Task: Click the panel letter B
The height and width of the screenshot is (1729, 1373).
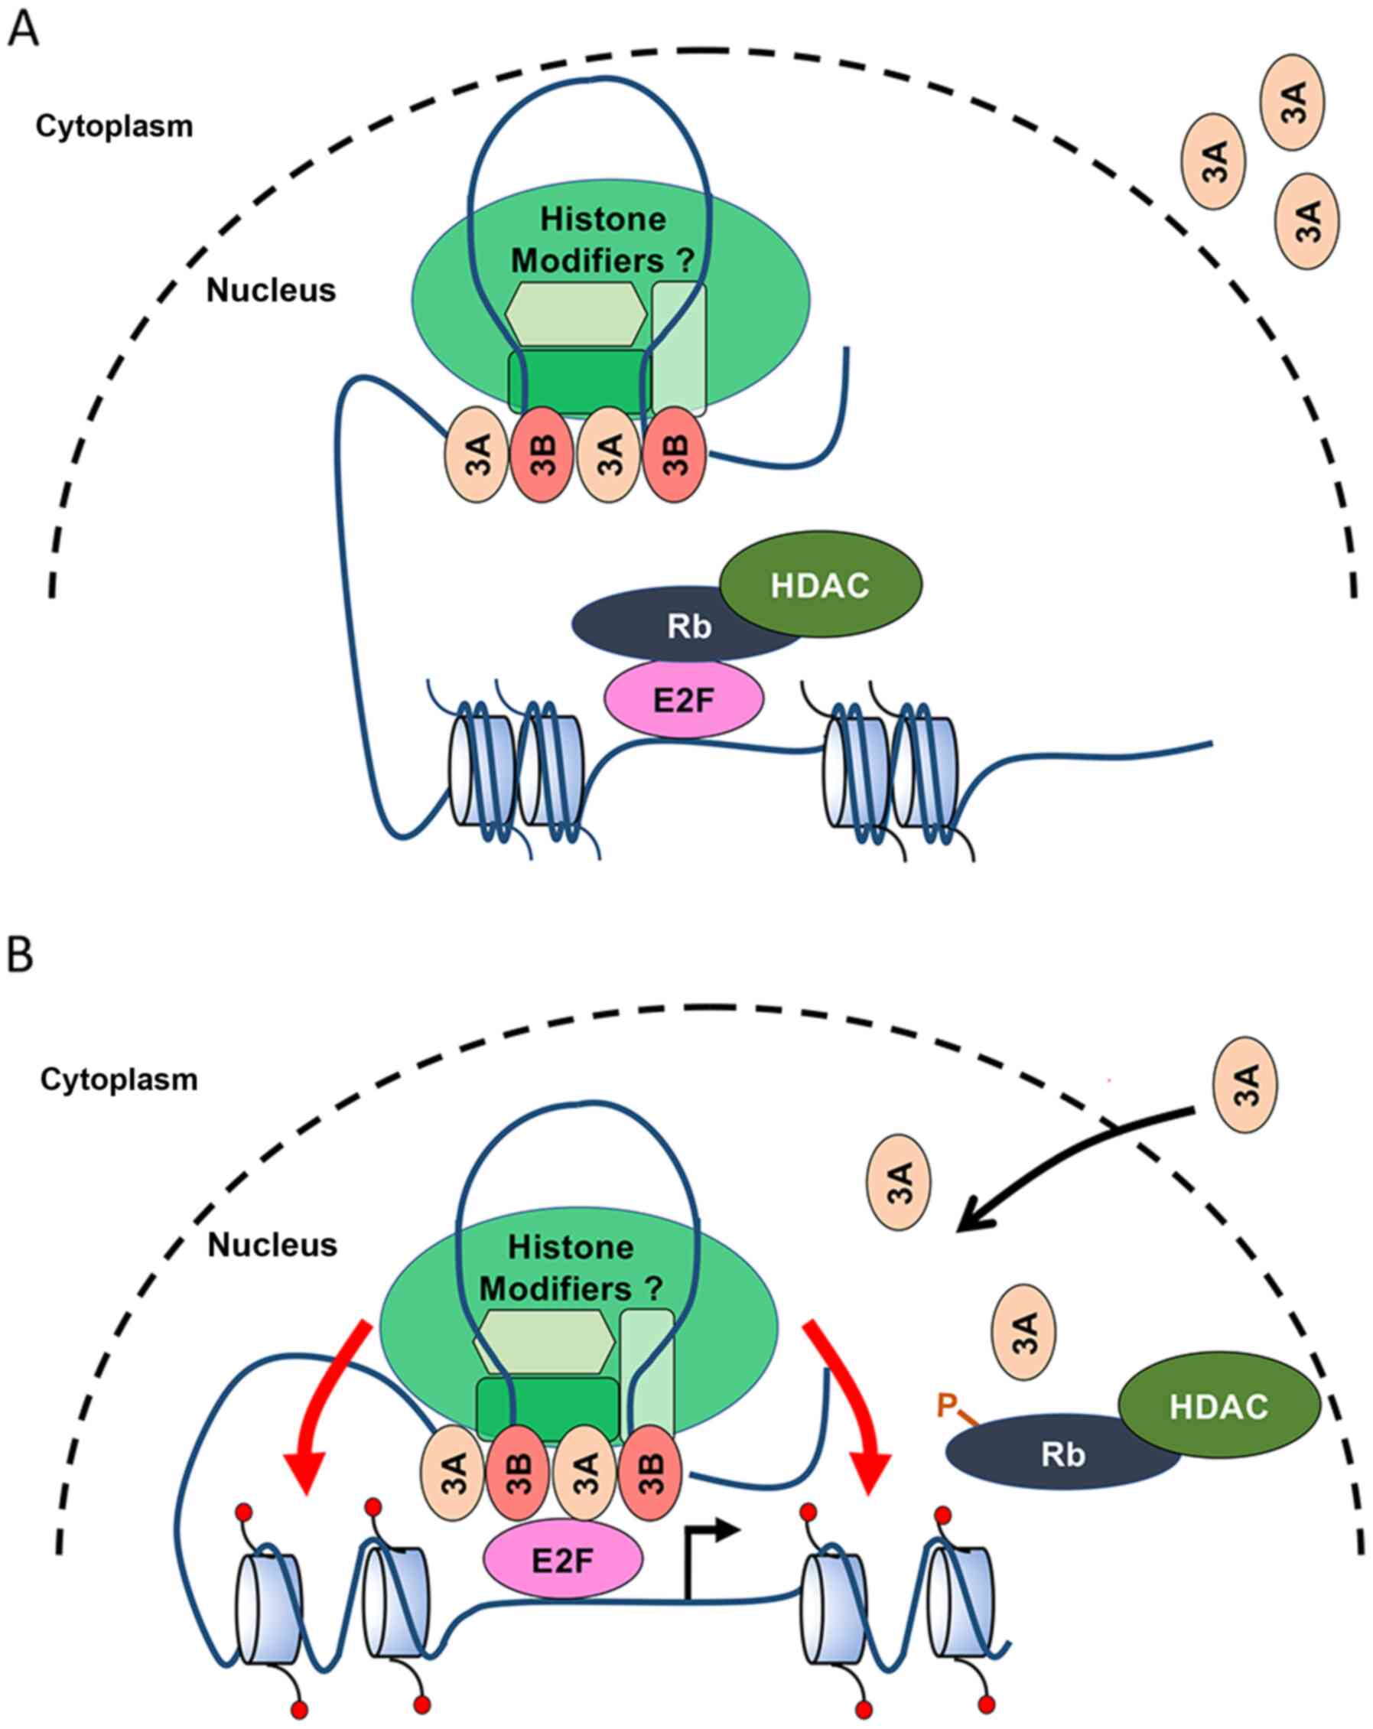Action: click(20, 955)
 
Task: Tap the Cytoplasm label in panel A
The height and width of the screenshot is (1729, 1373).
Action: click(114, 126)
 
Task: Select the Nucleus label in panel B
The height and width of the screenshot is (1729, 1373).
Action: click(272, 1245)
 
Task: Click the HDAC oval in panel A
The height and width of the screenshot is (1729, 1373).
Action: click(821, 584)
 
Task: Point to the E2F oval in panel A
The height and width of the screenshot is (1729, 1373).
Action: click(683, 700)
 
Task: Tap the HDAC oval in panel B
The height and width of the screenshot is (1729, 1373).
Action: click(1218, 1407)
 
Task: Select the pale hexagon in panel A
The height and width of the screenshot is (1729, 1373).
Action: click(575, 314)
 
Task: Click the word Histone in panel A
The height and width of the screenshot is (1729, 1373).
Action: click(602, 219)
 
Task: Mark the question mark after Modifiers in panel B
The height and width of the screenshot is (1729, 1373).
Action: click(655, 1289)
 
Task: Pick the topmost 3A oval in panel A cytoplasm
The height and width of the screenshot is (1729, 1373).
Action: click(1292, 102)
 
